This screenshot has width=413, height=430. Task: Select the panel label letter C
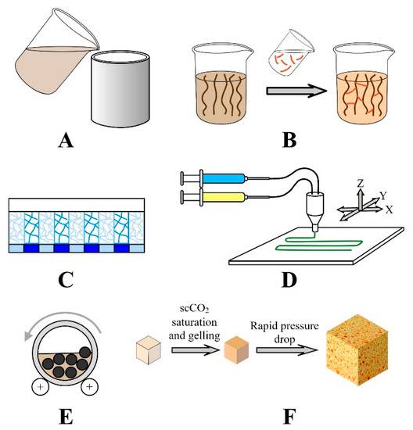click(x=81, y=280)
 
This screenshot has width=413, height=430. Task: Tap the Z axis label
click(x=359, y=183)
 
